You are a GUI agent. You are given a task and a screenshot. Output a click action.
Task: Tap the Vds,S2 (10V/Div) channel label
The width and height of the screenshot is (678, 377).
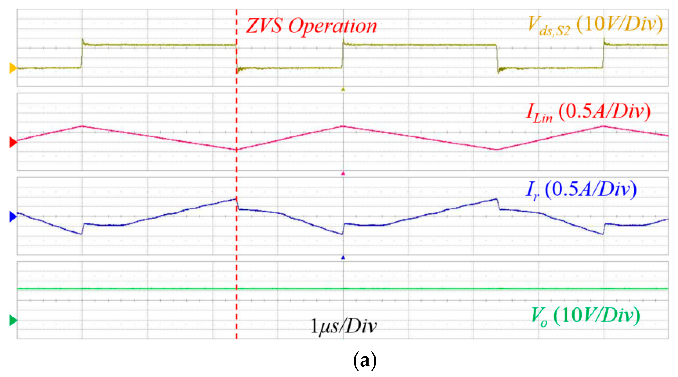click(x=595, y=25)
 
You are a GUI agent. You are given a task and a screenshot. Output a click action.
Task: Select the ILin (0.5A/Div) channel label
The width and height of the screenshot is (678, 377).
click(x=588, y=112)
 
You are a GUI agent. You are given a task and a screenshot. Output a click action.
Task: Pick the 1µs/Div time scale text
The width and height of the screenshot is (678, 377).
click(x=344, y=326)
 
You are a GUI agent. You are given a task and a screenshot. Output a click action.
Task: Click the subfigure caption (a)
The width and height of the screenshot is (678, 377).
click(x=364, y=360)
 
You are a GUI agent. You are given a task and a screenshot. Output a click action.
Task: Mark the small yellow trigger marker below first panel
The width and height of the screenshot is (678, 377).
click(x=343, y=89)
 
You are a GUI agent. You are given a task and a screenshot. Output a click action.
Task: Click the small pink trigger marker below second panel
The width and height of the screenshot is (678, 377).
click(x=343, y=173)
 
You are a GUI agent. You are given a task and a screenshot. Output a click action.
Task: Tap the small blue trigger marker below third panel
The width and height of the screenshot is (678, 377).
click(x=343, y=258)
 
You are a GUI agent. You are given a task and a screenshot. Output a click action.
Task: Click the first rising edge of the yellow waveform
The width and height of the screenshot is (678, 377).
click(x=82, y=55)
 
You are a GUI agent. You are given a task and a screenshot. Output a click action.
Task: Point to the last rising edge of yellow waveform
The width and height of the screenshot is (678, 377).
click(x=603, y=55)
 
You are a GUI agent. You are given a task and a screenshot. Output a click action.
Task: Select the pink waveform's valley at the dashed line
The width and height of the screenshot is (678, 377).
click(x=236, y=150)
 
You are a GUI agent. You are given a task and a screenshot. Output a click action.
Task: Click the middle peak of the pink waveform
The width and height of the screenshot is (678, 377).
click(x=343, y=126)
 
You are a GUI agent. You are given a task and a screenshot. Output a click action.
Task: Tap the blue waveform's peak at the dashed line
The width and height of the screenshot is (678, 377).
click(x=236, y=199)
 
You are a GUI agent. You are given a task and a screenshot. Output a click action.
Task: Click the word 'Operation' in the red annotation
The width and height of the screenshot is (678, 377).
click(x=332, y=26)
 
